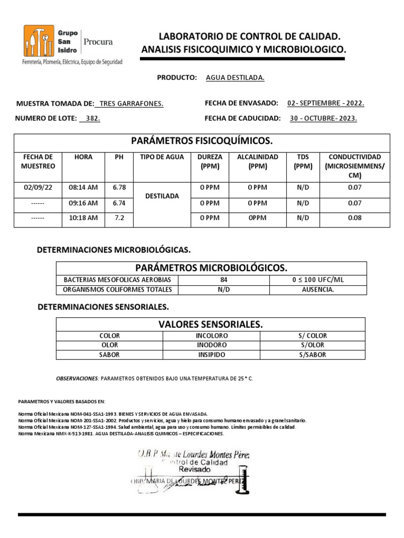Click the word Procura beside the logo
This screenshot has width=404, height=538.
pyautogui.click(x=98, y=42)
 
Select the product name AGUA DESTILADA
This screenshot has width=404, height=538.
pyautogui.click(x=235, y=78)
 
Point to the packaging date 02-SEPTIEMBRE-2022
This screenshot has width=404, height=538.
pyautogui.click(x=326, y=104)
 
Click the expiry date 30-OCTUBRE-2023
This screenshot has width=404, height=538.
pyautogui.click(x=323, y=119)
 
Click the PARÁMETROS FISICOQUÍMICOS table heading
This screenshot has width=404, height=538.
pyautogui.click(x=201, y=141)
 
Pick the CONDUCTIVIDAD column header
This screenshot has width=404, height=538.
pyautogui.click(x=355, y=166)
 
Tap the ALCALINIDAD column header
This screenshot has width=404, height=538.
pyautogui.click(x=257, y=161)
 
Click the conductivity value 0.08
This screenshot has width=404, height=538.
pyautogui.click(x=355, y=218)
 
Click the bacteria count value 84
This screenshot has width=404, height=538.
pyautogui.click(x=224, y=280)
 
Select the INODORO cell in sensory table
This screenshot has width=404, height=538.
pyautogui.click(x=211, y=345)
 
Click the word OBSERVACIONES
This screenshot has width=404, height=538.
pyautogui.click(x=77, y=378)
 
